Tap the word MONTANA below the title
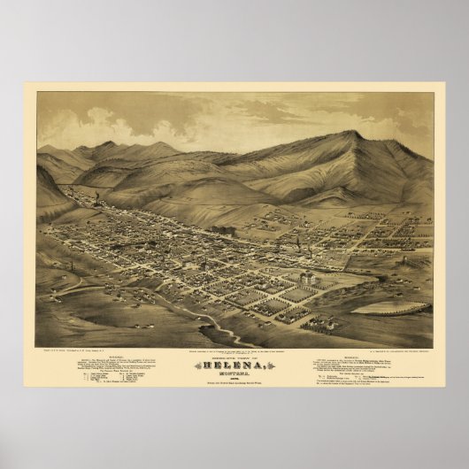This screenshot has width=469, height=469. coord(234,369)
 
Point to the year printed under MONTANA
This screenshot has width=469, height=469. coord(234,374)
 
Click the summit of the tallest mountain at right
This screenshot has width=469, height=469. coord(358,134)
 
